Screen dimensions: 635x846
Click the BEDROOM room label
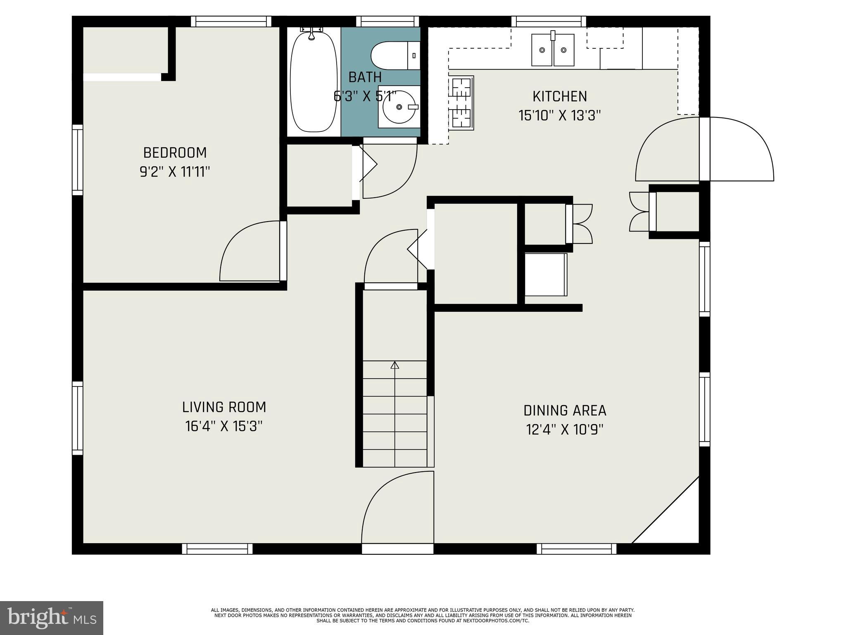click(175, 153)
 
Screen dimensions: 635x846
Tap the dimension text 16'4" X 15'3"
click(224, 426)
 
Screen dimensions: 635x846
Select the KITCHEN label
click(559, 96)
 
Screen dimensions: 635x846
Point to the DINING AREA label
click(565, 411)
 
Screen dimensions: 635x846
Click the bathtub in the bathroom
click(313, 83)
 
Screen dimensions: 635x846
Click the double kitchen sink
click(553, 50)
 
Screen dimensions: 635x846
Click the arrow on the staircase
click(395, 365)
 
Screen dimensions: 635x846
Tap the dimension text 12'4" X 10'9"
click(565, 430)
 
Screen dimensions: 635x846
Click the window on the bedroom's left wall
click(78, 160)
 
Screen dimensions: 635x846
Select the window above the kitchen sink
click(549, 21)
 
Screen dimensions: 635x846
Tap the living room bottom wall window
click(217, 549)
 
